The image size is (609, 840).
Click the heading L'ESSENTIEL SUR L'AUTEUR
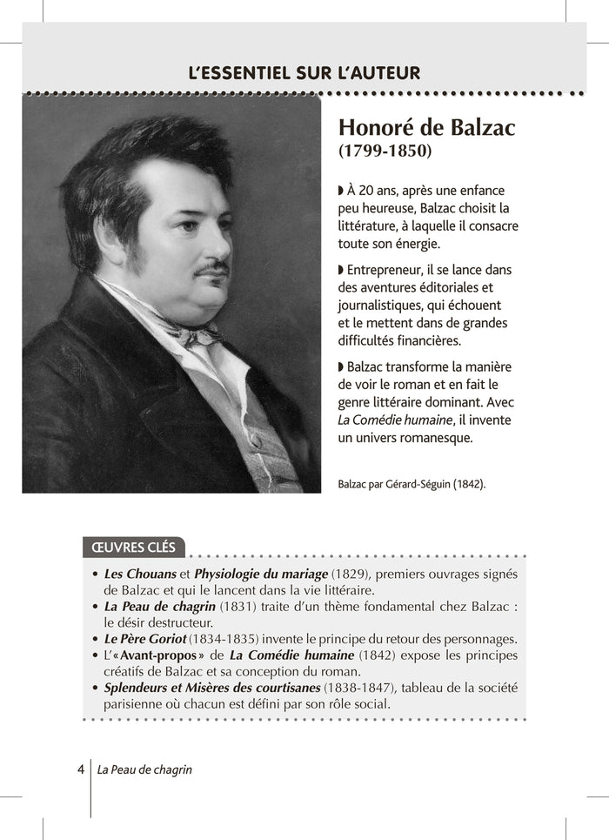[304, 73]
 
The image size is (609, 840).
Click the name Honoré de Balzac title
[426, 127]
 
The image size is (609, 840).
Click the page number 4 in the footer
[80, 769]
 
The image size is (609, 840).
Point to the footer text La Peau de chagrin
[144, 770]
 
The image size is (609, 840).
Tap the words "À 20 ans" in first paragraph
[370, 191]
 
